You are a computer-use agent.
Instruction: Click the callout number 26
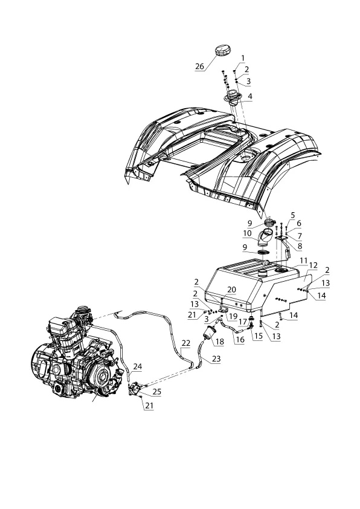pyautogui.click(x=199, y=66)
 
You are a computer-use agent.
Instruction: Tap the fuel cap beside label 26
pyautogui.click(x=222, y=51)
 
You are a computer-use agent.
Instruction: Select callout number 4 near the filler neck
pyautogui.click(x=249, y=96)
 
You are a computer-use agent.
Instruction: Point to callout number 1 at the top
pyautogui.click(x=243, y=58)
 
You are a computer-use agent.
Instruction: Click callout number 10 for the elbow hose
pyautogui.click(x=247, y=233)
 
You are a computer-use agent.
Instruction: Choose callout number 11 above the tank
pyautogui.click(x=303, y=261)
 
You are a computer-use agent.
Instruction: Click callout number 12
pyautogui.click(x=313, y=265)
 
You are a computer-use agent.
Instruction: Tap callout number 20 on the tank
pyautogui.click(x=232, y=290)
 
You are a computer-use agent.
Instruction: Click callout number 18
pyautogui.click(x=220, y=342)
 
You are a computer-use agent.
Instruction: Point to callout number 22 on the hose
pyautogui.click(x=186, y=343)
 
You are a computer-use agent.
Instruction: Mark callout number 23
pyautogui.click(x=216, y=358)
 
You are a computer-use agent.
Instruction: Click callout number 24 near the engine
pyautogui.click(x=138, y=366)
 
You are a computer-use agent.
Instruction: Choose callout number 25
pyautogui.click(x=157, y=392)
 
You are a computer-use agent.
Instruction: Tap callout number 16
pyautogui.click(x=240, y=340)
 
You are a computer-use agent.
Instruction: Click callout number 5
pyautogui.click(x=293, y=215)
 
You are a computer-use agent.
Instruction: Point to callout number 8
pyautogui.click(x=300, y=246)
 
